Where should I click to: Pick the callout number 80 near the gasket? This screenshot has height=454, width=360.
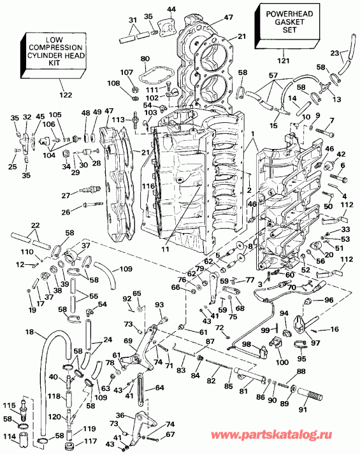[x=145, y=59]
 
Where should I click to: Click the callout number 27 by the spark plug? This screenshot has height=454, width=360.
[x=65, y=195]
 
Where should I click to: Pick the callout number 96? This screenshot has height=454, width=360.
[x=329, y=300]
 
